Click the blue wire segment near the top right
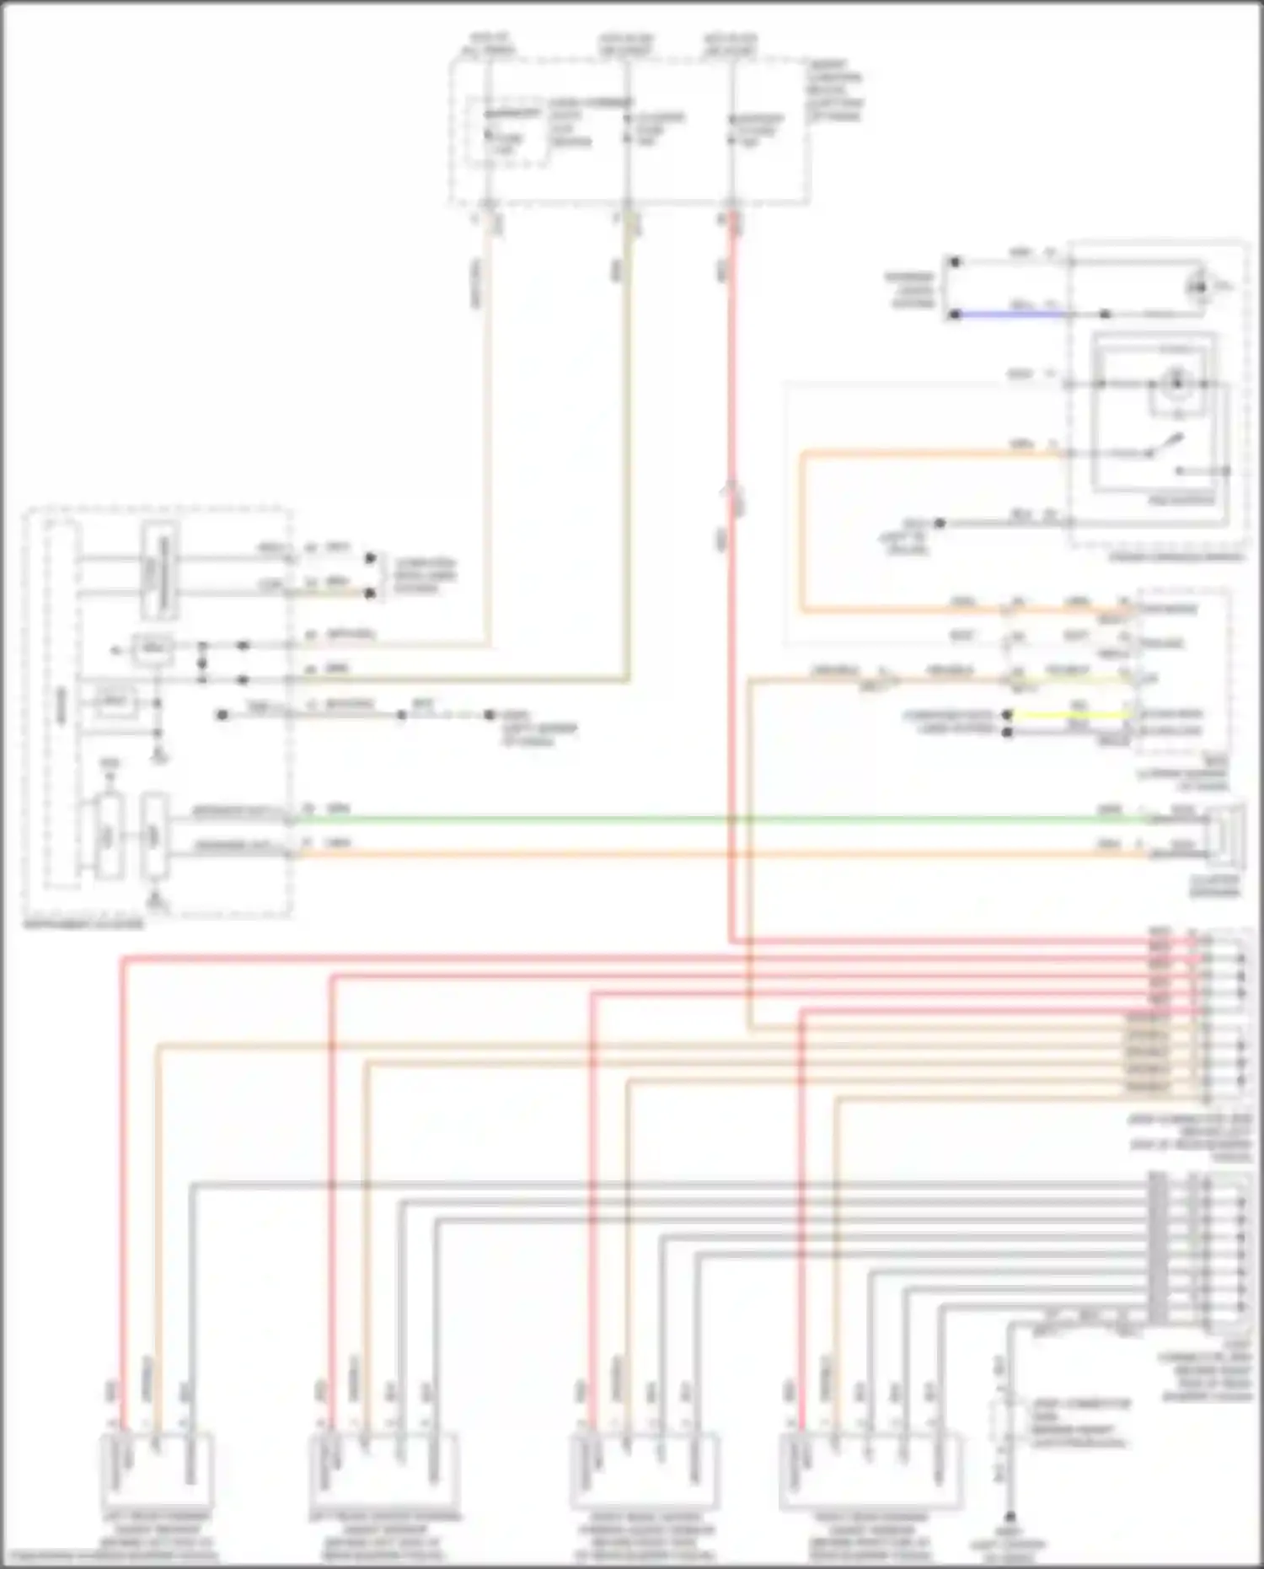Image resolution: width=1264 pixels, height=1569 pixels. click(x=1011, y=314)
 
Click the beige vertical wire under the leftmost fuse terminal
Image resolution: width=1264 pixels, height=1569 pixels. click(x=488, y=422)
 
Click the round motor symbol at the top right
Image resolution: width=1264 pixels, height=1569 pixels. click(x=1197, y=287)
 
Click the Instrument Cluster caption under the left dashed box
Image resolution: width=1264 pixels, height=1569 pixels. click(x=84, y=924)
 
